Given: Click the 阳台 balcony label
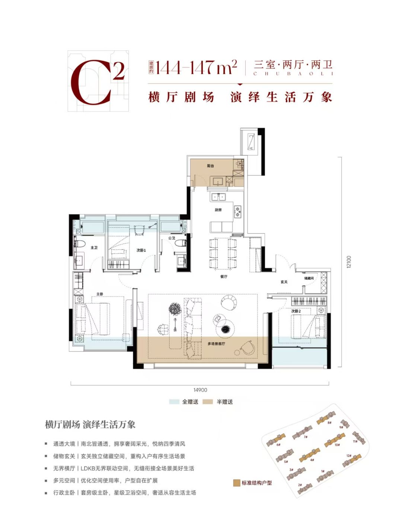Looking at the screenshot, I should (x=211, y=166).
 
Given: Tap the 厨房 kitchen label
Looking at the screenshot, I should (x=218, y=210).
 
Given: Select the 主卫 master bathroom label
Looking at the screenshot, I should (x=94, y=248).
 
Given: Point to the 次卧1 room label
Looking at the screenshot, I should (x=141, y=250).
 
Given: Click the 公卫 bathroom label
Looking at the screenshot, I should (x=172, y=238).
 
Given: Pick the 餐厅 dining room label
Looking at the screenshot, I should (x=223, y=276).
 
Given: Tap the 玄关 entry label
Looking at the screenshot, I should (x=284, y=282).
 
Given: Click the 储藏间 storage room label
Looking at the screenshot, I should (x=309, y=278).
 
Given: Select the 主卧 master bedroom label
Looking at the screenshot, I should (x=99, y=294).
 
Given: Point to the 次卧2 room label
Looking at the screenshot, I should (x=296, y=311).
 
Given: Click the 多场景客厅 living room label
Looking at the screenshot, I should (x=216, y=343).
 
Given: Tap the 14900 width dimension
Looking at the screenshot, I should (x=200, y=390).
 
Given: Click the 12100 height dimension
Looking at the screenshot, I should (x=348, y=262).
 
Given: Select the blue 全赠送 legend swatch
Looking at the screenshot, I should (x=174, y=402).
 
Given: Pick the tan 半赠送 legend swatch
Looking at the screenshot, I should (x=208, y=402).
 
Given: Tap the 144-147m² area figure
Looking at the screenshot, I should (x=196, y=67).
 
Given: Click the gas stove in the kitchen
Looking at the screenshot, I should (x=237, y=212).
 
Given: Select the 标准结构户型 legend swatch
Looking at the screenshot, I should (x=236, y=483).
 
